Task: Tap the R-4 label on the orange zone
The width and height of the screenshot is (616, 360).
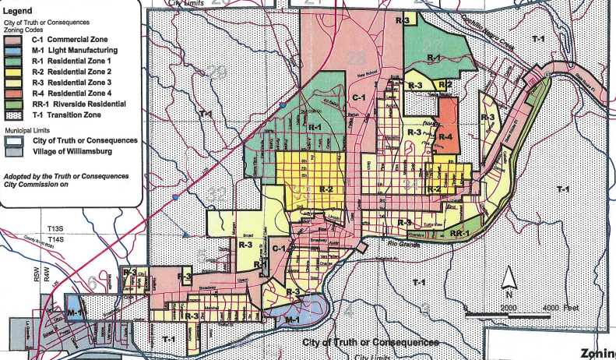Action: coord(445,137)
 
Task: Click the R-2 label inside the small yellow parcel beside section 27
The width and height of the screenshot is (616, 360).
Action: coord(445,84)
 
